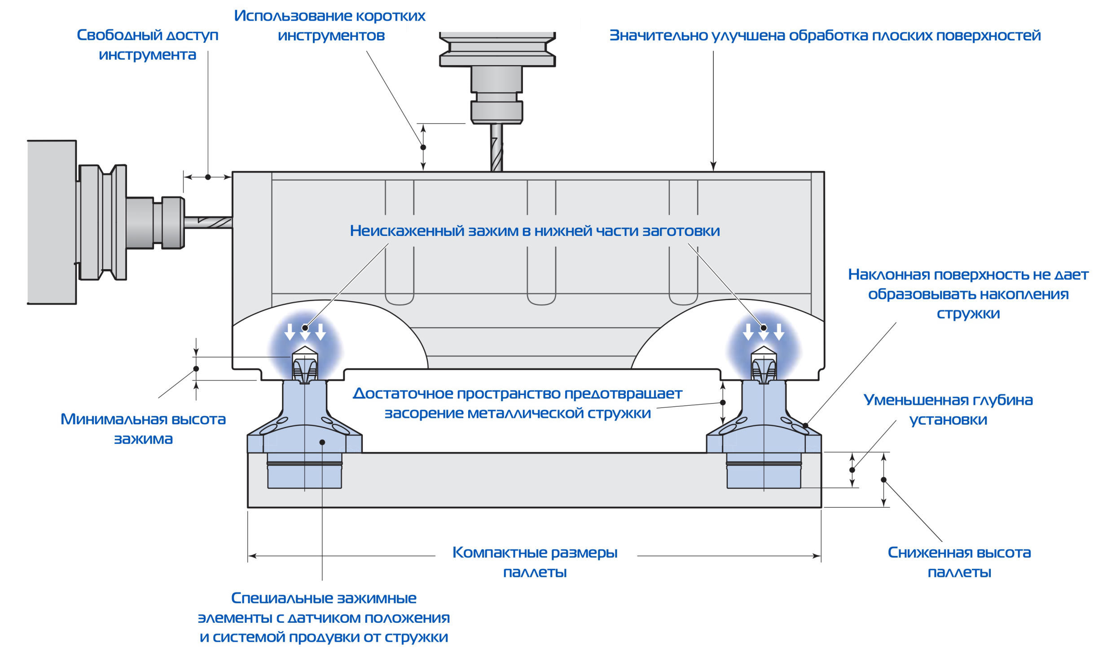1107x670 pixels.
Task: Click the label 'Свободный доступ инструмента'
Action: tap(147, 44)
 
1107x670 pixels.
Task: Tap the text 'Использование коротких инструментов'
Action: tap(330, 25)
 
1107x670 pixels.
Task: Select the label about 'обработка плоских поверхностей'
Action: tap(825, 35)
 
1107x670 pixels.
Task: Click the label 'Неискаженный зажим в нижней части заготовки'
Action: tap(535, 231)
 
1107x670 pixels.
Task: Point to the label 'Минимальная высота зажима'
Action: tap(143, 429)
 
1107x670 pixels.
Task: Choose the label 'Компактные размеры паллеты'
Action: tap(535, 562)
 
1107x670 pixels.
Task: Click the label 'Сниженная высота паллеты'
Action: tap(959, 562)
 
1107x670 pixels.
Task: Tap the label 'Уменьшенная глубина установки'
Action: tap(948, 409)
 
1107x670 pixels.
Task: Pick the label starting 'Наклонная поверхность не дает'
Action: tap(968, 293)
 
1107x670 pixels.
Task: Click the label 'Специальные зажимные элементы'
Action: tap(324, 617)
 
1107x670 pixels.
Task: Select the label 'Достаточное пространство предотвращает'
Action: tap(518, 403)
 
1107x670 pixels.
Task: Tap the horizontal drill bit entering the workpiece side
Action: tap(208, 222)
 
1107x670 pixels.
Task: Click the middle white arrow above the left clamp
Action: tap(305, 332)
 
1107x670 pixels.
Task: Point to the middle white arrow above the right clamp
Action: tap(763, 332)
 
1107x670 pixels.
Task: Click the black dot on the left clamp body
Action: tap(322, 443)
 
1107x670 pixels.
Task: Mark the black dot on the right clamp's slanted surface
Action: tap(805, 426)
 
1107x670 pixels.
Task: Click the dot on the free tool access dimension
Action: tap(208, 177)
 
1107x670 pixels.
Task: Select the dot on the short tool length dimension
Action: tap(423, 147)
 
